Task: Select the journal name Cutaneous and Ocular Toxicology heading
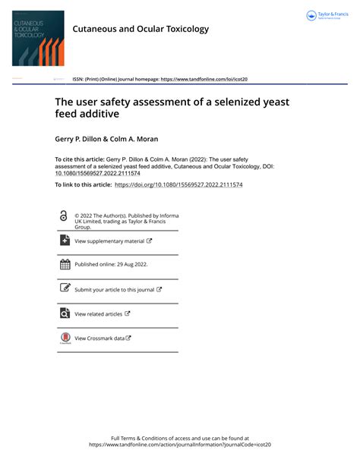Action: click(x=141, y=29)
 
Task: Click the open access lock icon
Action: click(x=63, y=216)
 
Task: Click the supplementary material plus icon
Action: click(x=65, y=241)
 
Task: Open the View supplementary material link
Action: click(x=109, y=241)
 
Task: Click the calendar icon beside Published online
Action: click(x=65, y=265)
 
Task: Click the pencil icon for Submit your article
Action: click(x=65, y=289)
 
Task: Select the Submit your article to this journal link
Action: click(x=114, y=290)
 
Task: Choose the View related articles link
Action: click(x=99, y=313)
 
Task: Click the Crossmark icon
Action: click(x=65, y=338)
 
